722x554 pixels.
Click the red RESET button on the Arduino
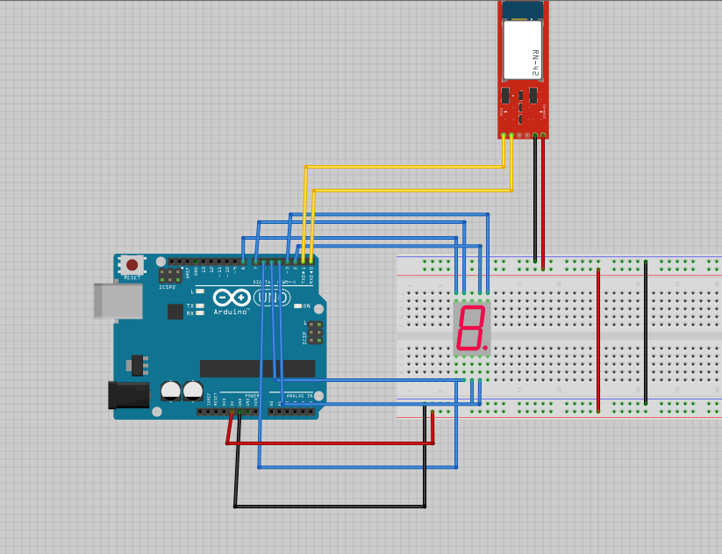coord(132,264)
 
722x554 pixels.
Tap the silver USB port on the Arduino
coord(117,300)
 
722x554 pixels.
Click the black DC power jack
coord(128,394)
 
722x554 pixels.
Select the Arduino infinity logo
coord(231,298)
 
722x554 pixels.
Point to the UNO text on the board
coord(272,298)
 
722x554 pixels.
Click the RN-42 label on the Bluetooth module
coord(534,61)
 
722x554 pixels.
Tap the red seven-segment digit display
coord(470,327)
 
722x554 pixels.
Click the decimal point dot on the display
coord(484,347)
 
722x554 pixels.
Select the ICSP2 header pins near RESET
coord(170,276)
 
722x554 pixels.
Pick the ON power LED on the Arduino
coord(297,306)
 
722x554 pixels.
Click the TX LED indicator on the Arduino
coord(200,306)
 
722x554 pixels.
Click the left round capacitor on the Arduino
coord(171,391)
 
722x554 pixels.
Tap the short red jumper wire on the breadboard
coord(598,340)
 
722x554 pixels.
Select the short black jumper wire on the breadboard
coord(646,333)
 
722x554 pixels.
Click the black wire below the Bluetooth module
coord(535,198)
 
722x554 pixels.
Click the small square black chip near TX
coord(175,311)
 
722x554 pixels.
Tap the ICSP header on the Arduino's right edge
coord(314,333)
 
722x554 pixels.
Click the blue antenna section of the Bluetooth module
coord(522,10)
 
